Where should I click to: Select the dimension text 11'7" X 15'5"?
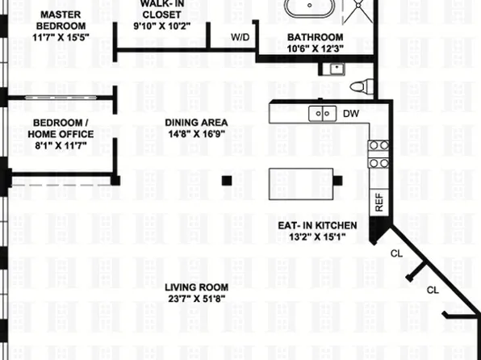(x=59, y=37)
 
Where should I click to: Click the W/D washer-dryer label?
(x=240, y=37)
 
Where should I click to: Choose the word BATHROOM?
(x=316, y=37)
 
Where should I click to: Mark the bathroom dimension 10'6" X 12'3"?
(x=316, y=48)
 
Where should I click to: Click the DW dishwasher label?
(x=351, y=114)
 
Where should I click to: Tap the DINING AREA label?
(x=196, y=123)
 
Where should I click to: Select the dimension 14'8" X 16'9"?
(x=196, y=135)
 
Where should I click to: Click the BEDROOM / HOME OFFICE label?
(x=61, y=128)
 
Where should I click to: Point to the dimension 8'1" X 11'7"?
(x=61, y=146)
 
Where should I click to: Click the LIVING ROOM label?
(x=196, y=287)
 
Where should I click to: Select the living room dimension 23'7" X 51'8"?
(x=196, y=299)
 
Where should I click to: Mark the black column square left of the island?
(x=228, y=179)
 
